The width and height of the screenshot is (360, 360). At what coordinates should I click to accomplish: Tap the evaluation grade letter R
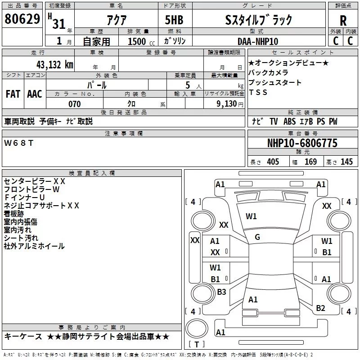pyautogui.click(x=343, y=20)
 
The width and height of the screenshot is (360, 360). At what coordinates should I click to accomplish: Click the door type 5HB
pyautogui.click(x=174, y=20)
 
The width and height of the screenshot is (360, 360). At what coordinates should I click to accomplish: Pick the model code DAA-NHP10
pyautogui.click(x=258, y=41)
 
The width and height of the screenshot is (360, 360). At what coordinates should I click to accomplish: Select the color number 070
pyautogui.click(x=74, y=104)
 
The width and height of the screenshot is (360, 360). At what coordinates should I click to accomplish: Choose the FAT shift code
pyautogui.click(x=13, y=94)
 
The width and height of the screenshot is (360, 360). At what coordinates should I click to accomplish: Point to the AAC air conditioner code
pyautogui.click(x=35, y=94)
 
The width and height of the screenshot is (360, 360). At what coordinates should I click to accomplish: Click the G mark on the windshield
pyautogui.click(x=257, y=237)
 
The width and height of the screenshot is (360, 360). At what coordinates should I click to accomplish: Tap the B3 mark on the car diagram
pyautogui.click(x=221, y=292)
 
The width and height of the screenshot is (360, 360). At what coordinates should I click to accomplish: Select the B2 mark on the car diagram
pyautogui.click(x=320, y=308)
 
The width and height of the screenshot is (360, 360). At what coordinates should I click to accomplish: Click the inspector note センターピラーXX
pyautogui.click(x=35, y=181)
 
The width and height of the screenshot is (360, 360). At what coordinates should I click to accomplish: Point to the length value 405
pyautogui.click(x=272, y=162)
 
